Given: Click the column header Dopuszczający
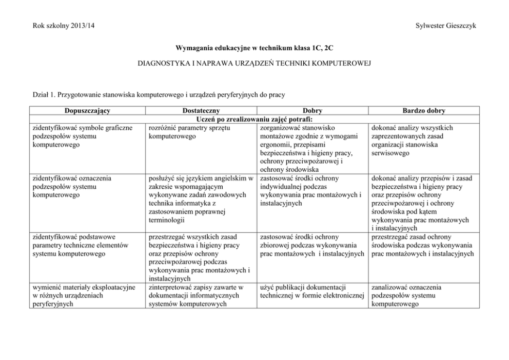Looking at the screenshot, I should [87, 110].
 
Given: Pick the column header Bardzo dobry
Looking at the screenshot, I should [424, 110].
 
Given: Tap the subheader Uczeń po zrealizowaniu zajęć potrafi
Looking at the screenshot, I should [254, 119].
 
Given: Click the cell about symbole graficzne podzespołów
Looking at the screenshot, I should [82, 136].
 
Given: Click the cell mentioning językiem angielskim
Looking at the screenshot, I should [201, 199].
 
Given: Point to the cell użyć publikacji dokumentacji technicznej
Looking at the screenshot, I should [311, 291].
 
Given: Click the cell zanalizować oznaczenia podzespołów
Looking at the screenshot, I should [405, 295].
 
